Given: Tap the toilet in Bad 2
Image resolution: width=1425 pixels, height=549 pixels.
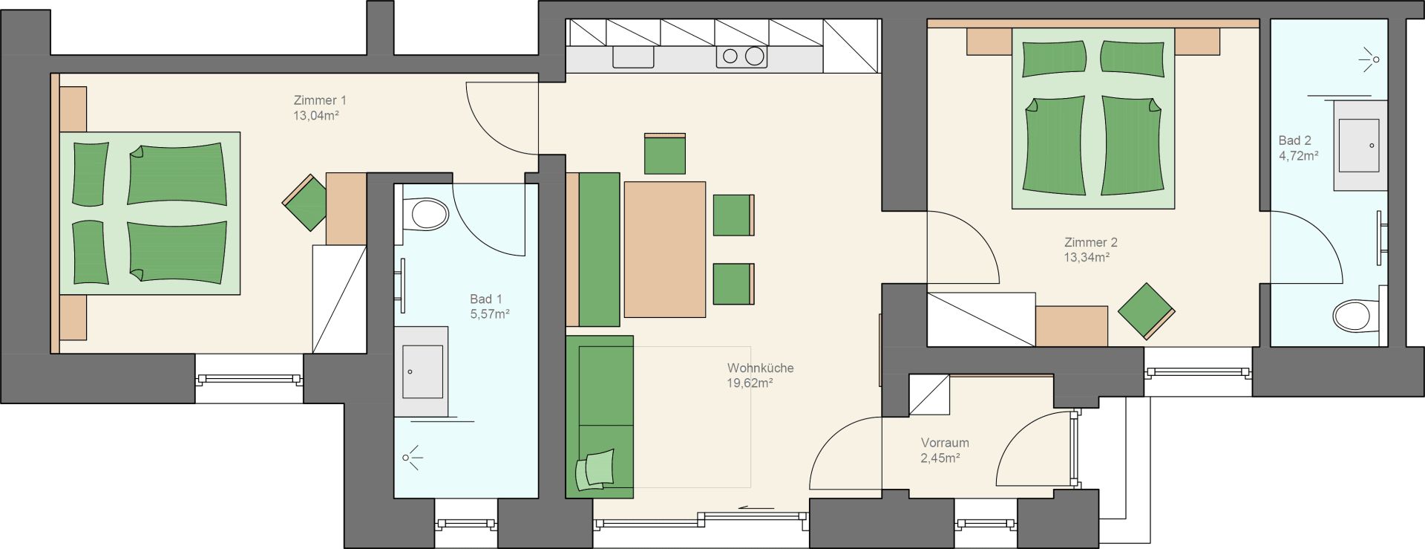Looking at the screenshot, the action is click(1357, 315).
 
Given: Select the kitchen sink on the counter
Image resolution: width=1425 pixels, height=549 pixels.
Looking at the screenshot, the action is click(633, 56).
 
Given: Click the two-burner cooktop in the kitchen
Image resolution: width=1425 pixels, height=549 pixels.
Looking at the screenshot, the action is click(742, 56).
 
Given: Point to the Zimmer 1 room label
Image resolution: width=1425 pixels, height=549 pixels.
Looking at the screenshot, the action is click(320, 100).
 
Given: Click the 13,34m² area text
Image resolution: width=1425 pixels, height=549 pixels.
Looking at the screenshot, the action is click(1087, 258).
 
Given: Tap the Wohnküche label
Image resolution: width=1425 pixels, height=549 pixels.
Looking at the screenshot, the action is click(760, 368).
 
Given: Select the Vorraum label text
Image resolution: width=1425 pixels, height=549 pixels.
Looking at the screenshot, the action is click(945, 443).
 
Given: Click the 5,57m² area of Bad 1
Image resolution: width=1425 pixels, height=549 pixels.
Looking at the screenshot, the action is click(489, 314).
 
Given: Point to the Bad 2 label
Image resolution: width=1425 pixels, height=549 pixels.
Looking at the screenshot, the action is click(1294, 140).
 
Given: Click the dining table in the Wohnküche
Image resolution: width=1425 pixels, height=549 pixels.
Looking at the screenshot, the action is click(665, 250).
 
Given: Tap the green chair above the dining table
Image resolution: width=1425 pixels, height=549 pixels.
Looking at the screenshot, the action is click(664, 154).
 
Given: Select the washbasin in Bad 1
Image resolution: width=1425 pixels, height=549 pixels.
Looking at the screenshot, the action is click(421, 371).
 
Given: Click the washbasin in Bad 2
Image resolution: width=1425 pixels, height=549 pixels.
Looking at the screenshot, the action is click(1360, 146).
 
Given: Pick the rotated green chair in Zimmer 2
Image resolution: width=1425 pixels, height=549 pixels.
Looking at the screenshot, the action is click(1146, 311).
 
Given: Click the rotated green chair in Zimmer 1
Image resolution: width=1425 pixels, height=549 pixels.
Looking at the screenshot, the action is click(304, 202).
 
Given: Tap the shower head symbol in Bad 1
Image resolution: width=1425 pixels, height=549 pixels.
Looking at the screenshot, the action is click(412, 458).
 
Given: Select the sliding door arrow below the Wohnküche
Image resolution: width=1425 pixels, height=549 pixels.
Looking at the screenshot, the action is click(757, 509).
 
